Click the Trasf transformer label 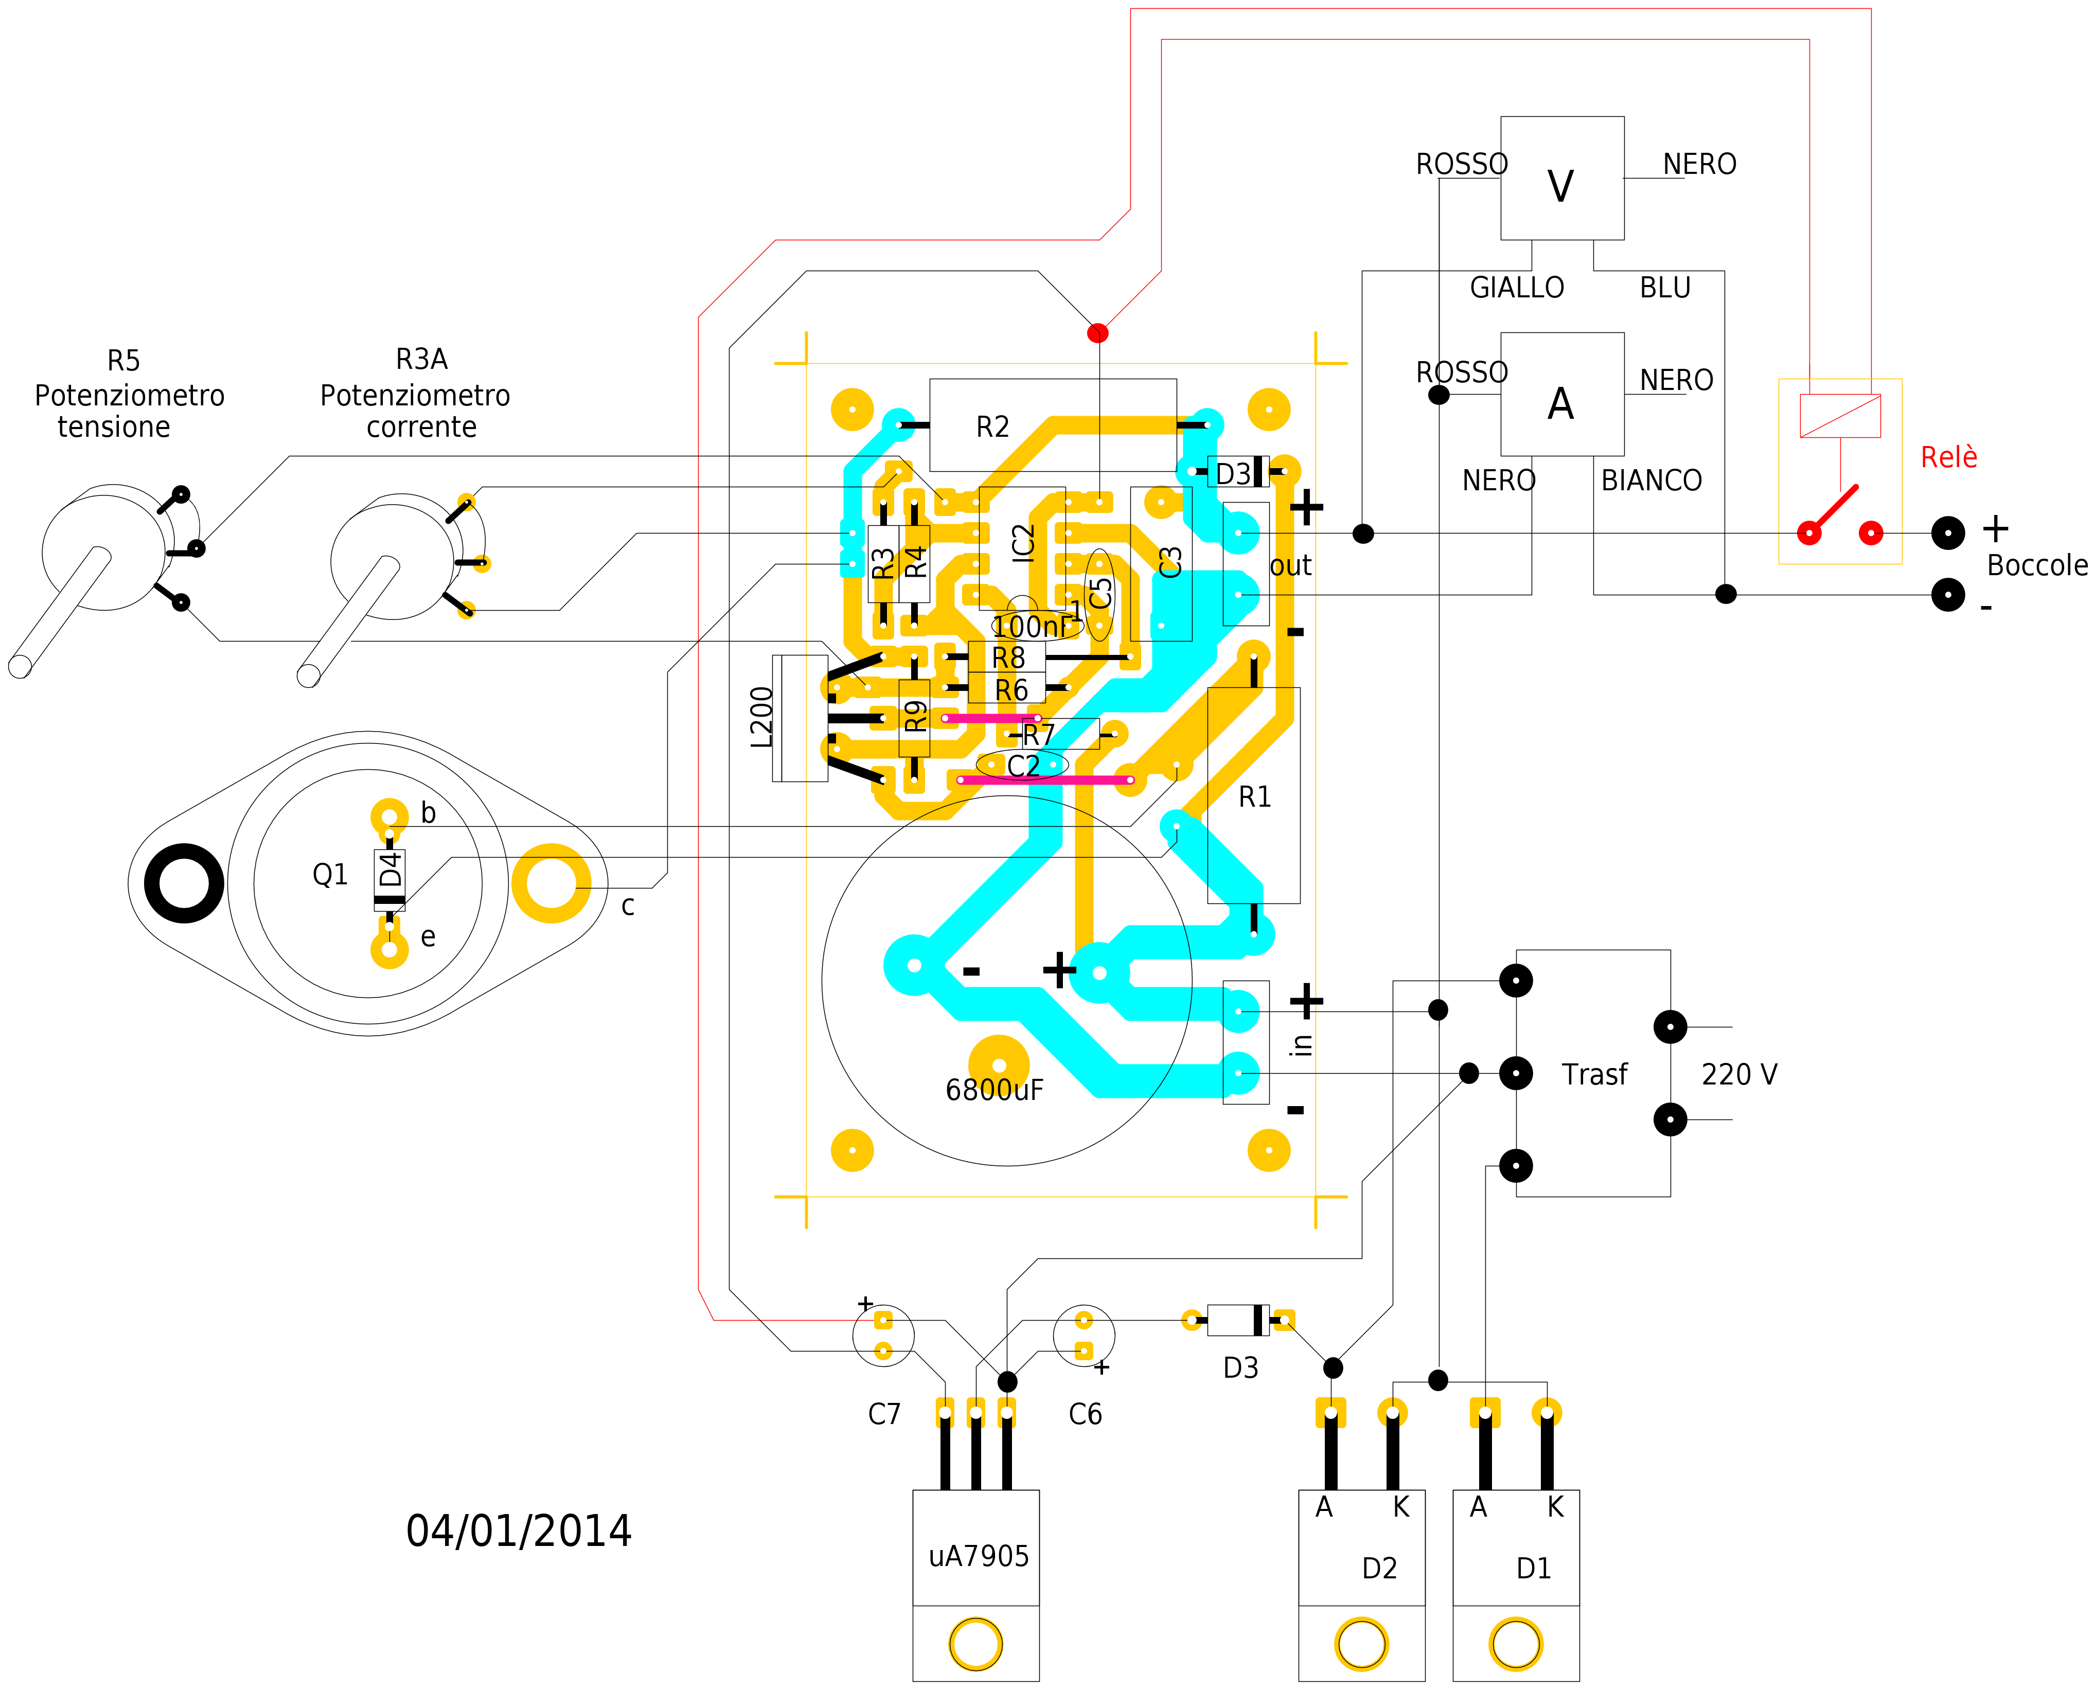click(1594, 1075)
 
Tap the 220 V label click(1739, 1075)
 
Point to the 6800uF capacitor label click(994, 1090)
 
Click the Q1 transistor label click(330, 875)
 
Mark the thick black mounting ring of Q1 click(184, 883)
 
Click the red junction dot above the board click(1097, 333)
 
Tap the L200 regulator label click(762, 718)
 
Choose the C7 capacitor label click(884, 1414)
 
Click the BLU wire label click(1665, 288)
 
